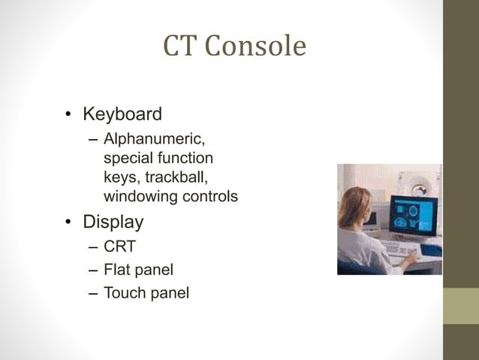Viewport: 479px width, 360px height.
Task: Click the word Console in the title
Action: click(255, 47)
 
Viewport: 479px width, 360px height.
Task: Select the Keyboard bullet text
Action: click(122, 114)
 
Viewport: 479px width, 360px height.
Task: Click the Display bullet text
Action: click(113, 222)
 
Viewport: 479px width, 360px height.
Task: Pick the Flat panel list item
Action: click(143, 269)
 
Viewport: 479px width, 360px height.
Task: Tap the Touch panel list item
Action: click(146, 292)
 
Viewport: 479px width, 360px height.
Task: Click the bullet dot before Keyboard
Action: click(68, 116)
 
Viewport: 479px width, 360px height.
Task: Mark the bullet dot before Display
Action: click(68, 223)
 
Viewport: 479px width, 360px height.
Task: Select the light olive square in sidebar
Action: click(460, 306)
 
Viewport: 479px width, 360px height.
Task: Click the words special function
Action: click(158, 159)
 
